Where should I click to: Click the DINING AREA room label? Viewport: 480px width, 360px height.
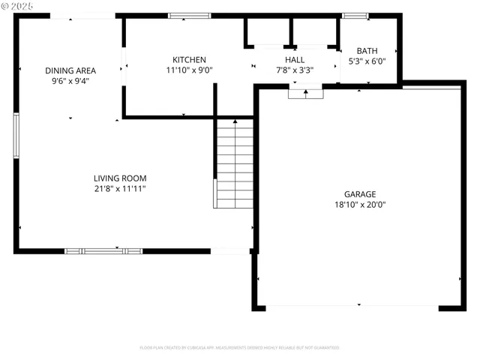click(70, 70)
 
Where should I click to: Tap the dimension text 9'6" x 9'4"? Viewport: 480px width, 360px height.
click(70, 81)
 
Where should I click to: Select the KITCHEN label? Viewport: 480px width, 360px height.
click(189, 60)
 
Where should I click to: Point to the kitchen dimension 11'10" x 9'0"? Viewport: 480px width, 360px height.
click(189, 70)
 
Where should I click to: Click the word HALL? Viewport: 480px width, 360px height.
click(295, 60)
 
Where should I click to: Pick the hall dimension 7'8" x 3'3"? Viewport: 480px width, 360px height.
click(295, 70)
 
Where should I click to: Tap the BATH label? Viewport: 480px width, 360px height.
click(367, 51)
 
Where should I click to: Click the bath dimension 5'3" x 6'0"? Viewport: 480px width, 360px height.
click(367, 61)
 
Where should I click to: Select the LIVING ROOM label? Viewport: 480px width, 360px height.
click(120, 178)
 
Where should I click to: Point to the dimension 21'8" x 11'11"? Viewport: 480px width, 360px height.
click(120, 189)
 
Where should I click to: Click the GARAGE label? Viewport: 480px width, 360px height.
click(360, 193)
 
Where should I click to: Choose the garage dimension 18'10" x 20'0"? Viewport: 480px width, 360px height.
click(360, 204)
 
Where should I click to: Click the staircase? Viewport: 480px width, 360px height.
click(235, 163)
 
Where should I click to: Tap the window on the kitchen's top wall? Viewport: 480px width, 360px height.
click(189, 15)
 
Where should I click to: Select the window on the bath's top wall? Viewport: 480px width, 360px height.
click(355, 15)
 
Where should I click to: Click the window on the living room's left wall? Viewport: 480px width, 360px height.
click(16, 135)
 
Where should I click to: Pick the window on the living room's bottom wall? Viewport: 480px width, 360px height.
click(103, 251)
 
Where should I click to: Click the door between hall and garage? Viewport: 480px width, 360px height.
click(306, 93)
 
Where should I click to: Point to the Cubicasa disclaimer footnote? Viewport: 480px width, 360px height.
click(240, 348)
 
